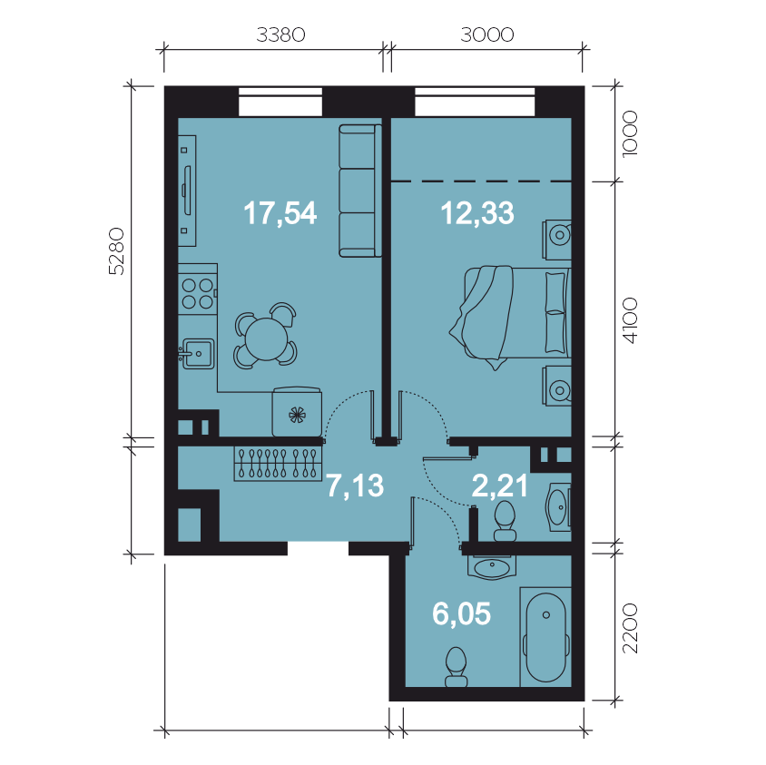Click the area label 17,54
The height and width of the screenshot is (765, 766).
[x=280, y=213]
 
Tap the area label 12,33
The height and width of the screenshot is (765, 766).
[x=477, y=213]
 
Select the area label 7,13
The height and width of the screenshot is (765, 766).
[x=355, y=486]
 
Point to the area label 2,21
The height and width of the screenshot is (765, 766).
[x=500, y=486]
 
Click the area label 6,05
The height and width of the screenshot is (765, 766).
[x=462, y=614]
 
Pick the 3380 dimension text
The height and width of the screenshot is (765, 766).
[x=281, y=34]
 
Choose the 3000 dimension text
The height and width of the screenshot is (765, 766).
[x=487, y=34]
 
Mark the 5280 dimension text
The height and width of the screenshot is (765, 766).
[x=117, y=251]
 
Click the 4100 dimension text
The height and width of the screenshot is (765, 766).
[x=630, y=321]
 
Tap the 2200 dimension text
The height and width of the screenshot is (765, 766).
[x=630, y=629]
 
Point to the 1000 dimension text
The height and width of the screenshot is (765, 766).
[x=630, y=133]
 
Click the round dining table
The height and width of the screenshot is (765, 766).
[x=266, y=339]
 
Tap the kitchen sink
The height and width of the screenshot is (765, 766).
[x=197, y=353]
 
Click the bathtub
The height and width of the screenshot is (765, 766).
[x=545, y=637]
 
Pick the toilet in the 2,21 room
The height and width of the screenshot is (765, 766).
[x=505, y=521]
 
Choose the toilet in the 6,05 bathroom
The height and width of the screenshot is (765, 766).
[x=457, y=667]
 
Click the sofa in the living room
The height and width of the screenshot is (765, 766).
[x=360, y=191]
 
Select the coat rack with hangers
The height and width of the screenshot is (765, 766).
[x=278, y=464]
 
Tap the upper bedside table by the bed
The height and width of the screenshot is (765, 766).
[x=557, y=240]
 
